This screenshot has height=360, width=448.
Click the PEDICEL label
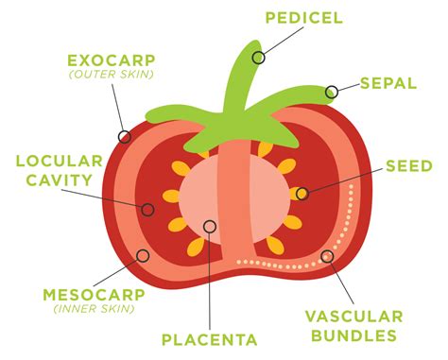(x=302, y=18)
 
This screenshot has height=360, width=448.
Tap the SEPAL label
(x=388, y=83)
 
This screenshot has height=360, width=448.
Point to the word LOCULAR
(x=52, y=161)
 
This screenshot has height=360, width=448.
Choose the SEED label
(x=408, y=165)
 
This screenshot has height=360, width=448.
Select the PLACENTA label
(x=209, y=339)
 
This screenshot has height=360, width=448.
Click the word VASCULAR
(x=363, y=317)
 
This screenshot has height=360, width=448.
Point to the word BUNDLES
(x=362, y=335)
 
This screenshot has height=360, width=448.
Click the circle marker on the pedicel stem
(x=258, y=57)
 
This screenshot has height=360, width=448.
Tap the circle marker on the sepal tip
(x=332, y=92)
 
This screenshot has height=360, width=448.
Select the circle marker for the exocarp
(x=124, y=136)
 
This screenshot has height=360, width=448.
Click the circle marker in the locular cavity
(x=147, y=208)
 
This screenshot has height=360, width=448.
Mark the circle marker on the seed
(x=302, y=194)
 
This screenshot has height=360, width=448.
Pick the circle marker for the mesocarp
(x=143, y=255)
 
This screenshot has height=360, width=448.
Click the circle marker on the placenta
(x=209, y=226)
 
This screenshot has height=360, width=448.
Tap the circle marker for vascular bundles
(x=327, y=255)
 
